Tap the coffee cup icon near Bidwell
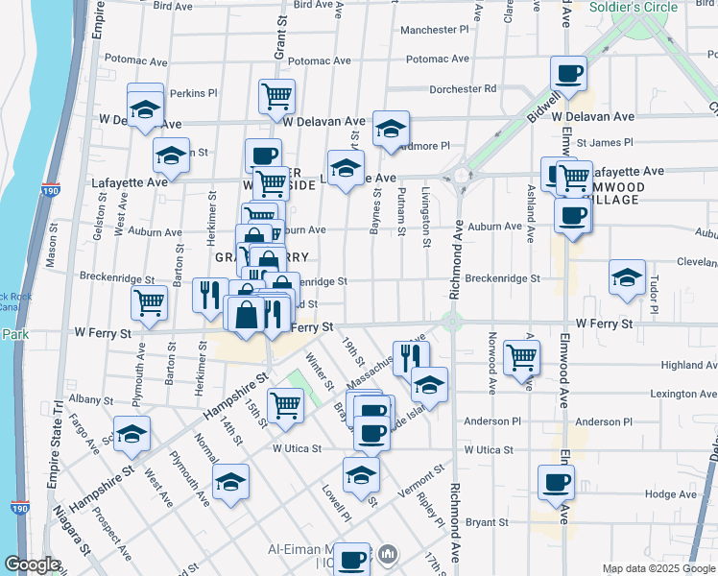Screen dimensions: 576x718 pos(568,73)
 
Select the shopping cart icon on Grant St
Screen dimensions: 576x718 pos(275,95)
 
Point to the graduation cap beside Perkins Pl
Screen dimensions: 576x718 pos(145,108)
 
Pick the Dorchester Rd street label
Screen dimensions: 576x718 pos(463,88)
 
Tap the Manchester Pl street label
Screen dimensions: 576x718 pos(434,30)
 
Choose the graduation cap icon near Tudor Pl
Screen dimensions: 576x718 pos(627,278)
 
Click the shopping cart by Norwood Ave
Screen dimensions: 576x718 pos(521,357)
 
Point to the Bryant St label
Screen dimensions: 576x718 pos(489,522)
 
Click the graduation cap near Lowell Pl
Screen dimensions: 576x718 pos(361,474)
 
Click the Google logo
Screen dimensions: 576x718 pos(32,564)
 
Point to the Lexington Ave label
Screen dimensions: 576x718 pos(682,394)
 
